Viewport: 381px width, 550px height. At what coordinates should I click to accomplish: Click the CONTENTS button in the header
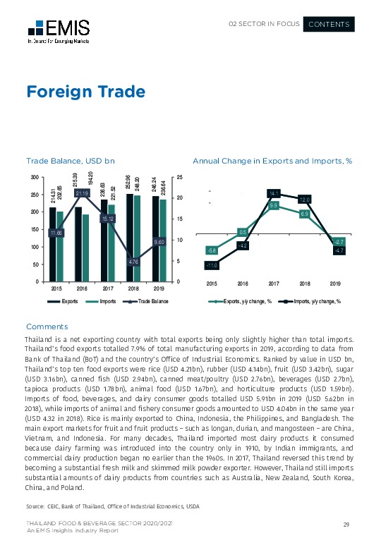(329, 25)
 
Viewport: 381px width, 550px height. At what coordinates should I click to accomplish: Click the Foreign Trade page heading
(85, 92)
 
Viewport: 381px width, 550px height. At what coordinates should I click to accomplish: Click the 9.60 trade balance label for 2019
(159, 242)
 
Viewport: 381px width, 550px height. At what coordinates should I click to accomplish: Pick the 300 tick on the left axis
(34, 177)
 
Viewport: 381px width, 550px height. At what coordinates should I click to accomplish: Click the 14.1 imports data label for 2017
(274, 192)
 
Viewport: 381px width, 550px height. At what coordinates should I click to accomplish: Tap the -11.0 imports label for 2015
(211, 266)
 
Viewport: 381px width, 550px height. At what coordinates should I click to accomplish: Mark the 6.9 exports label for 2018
(305, 213)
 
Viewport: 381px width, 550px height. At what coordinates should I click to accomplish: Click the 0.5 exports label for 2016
(242, 232)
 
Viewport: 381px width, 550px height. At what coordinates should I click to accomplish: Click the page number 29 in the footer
(346, 525)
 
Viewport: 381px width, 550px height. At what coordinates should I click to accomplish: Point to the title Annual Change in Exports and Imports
(272, 161)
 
